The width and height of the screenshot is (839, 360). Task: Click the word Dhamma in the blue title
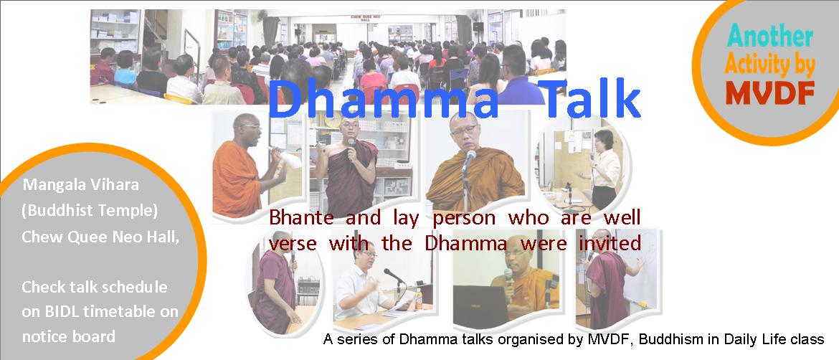coord(383,100)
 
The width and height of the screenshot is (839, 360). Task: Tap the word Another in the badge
coord(770,37)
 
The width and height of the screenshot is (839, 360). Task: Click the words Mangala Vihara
coord(81,185)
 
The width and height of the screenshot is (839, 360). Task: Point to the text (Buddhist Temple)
coord(90,212)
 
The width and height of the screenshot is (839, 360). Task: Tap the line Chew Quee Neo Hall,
coord(100,237)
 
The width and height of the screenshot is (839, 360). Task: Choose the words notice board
coord(69,336)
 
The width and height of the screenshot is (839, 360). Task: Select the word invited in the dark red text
coord(610,243)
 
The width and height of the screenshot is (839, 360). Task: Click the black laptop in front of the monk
coord(480,306)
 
